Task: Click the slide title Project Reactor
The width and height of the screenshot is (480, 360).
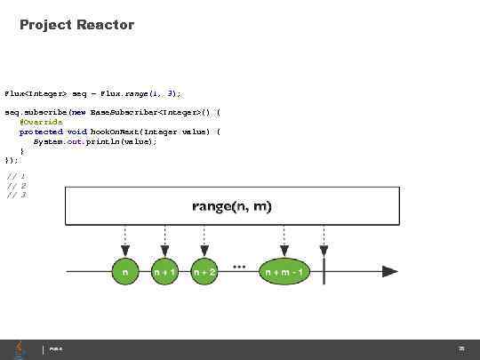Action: pyautogui.click(x=76, y=25)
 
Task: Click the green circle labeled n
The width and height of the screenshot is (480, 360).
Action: pyautogui.click(x=124, y=272)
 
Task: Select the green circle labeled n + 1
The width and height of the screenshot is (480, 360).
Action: pyautogui.click(x=164, y=272)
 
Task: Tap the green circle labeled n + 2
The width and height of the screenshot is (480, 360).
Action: pyautogui.click(x=204, y=272)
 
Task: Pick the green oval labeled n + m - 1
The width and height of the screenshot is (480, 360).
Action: pyautogui.click(x=284, y=272)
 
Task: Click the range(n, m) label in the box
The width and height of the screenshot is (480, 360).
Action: pyautogui.click(x=232, y=206)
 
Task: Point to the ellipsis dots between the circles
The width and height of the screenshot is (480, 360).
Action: pyautogui.click(x=239, y=265)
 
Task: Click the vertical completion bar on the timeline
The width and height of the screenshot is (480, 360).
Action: pyautogui.click(x=324, y=271)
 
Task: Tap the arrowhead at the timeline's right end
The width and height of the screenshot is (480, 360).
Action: pyautogui.click(x=389, y=271)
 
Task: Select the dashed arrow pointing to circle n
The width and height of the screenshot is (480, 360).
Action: pyautogui.click(x=124, y=240)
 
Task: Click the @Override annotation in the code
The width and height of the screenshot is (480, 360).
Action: pyautogui.click(x=41, y=122)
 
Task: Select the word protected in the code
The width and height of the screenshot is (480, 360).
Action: pyautogui.click(x=41, y=132)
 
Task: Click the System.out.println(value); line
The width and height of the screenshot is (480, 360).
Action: pyautogui.click(x=95, y=141)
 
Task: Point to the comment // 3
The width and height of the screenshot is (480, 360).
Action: pyautogui.click(x=16, y=195)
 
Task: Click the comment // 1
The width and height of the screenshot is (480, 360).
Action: pyautogui.click(x=16, y=177)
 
